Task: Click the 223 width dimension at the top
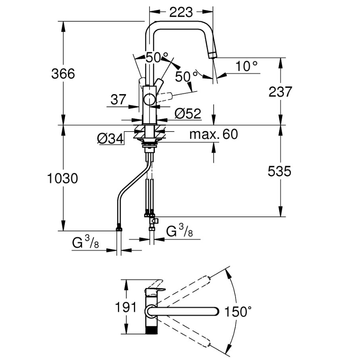point(181,12)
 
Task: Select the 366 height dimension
point(63,74)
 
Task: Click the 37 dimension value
point(118,99)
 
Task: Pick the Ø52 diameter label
point(187,114)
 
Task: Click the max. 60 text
point(213,134)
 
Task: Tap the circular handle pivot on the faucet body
point(150,99)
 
